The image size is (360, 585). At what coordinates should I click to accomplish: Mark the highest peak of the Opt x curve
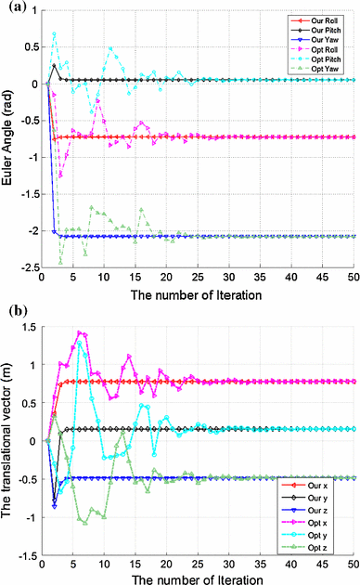click(80, 332)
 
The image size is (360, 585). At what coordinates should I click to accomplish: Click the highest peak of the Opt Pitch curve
click(55, 34)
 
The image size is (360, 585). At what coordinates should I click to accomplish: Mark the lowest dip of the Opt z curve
click(85, 524)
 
